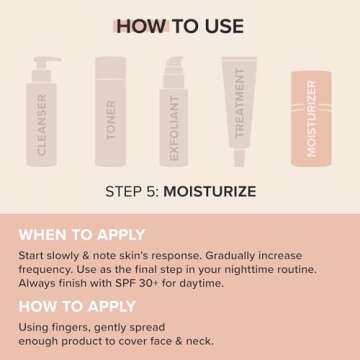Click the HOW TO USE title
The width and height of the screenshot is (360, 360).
coord(179,26)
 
